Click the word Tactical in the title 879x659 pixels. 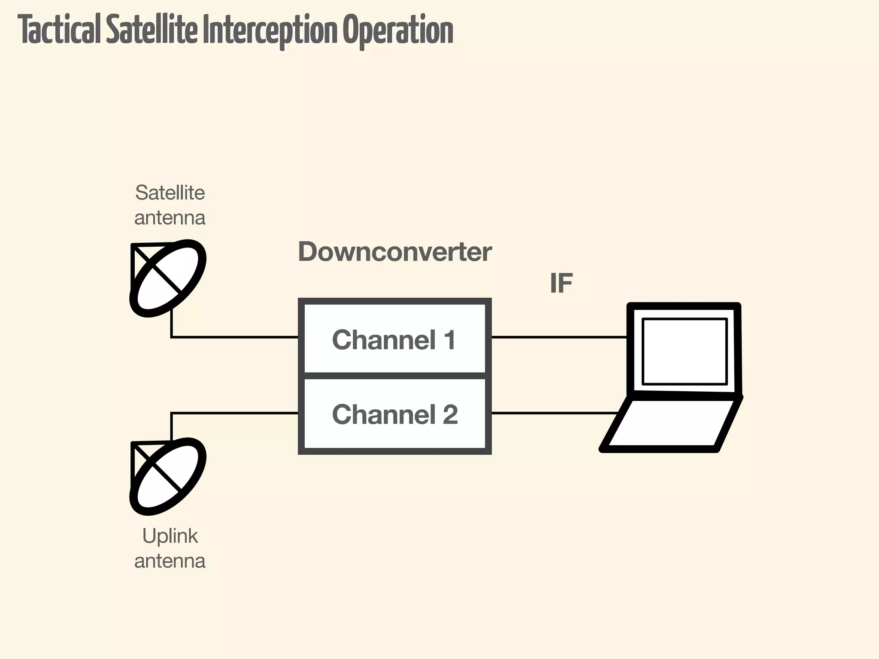tap(60, 30)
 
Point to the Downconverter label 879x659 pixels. tap(394, 252)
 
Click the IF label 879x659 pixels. tap(561, 284)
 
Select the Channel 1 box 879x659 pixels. tap(394, 339)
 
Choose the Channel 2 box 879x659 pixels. tap(394, 414)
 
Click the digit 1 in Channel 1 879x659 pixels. tap(449, 340)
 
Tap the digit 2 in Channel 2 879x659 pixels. tap(450, 414)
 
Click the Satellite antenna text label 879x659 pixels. tap(170, 205)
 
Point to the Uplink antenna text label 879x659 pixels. tap(170, 548)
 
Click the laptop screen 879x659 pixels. tap(684, 351)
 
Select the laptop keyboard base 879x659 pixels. tap(672, 425)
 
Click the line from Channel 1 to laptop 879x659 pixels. tap(558, 337)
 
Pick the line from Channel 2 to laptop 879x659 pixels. tap(554, 413)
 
